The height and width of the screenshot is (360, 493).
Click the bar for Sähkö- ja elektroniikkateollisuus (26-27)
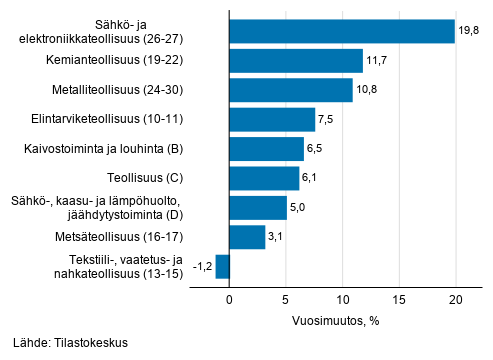pyautogui.click(x=341, y=32)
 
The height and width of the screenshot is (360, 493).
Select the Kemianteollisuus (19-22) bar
pyautogui.click(x=296, y=61)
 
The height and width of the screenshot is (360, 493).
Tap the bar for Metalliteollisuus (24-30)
pyautogui.click(x=291, y=90)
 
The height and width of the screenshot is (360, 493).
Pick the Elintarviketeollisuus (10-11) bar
pyautogui.click(x=272, y=120)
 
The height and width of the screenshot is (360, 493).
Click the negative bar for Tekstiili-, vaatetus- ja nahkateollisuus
pyautogui.click(x=222, y=267)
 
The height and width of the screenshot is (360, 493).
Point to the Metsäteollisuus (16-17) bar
pyautogui.click(x=247, y=237)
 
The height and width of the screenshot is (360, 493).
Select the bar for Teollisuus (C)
pyautogui.click(x=264, y=178)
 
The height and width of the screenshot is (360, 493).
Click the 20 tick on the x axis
pyautogui.click(x=456, y=300)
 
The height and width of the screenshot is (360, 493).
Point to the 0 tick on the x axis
pyautogui.click(x=229, y=300)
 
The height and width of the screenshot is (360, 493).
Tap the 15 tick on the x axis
pyautogui.click(x=399, y=300)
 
